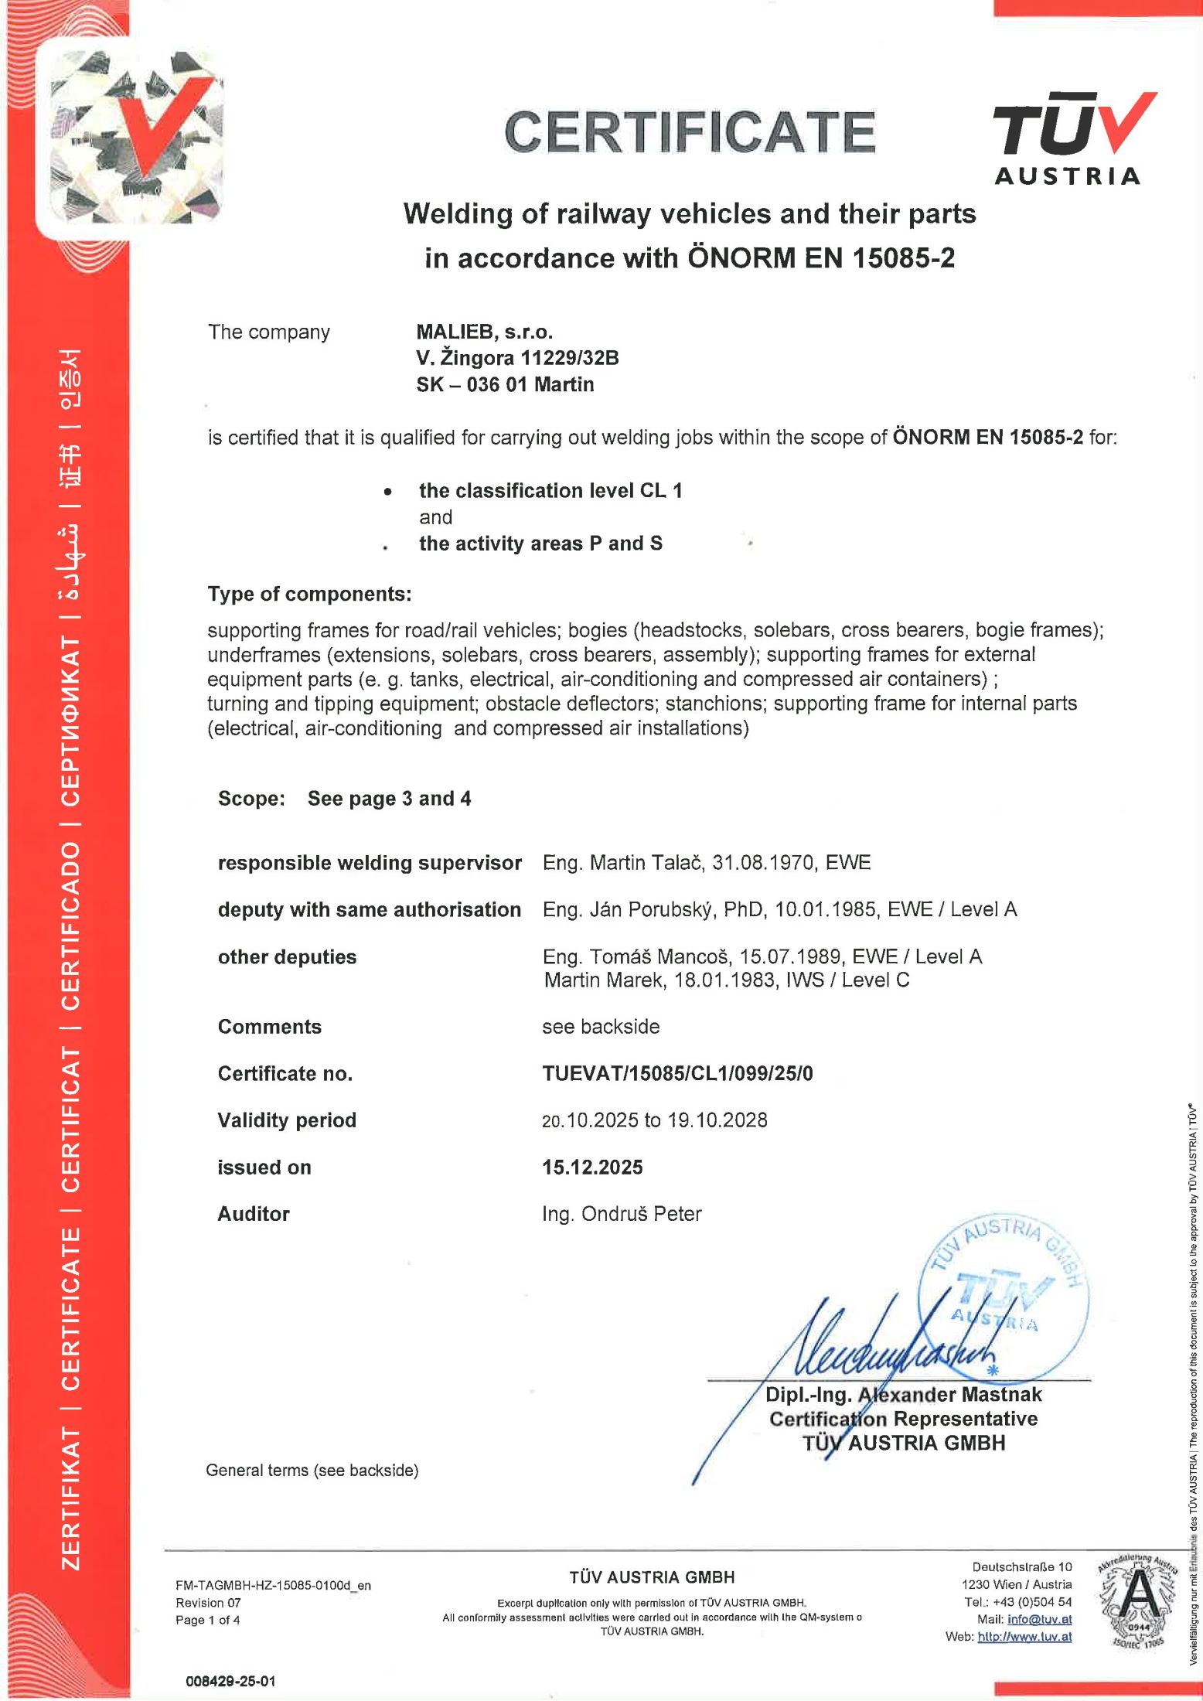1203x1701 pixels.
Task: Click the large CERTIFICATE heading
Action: [x=690, y=132]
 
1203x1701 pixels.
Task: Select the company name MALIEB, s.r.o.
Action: [x=484, y=332]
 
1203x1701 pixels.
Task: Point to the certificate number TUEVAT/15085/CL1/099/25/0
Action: [x=677, y=1073]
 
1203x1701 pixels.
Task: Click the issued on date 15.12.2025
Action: [x=592, y=1167]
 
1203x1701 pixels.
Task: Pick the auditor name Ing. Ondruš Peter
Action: [x=622, y=1214]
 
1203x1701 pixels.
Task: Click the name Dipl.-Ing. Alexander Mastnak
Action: [x=903, y=1394]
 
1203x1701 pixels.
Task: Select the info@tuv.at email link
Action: [x=1039, y=1619]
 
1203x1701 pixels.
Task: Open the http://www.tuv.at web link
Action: [x=1024, y=1636]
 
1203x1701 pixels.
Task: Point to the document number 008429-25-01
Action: [x=230, y=1681]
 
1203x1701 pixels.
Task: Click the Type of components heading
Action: [x=309, y=594]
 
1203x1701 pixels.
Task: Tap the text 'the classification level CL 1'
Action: [x=550, y=491]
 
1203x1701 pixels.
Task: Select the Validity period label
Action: [x=287, y=1120]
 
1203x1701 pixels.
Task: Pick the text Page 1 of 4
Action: [x=208, y=1620]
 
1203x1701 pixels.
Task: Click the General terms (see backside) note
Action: [x=312, y=1470]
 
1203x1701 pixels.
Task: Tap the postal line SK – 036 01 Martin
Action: [x=505, y=384]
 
